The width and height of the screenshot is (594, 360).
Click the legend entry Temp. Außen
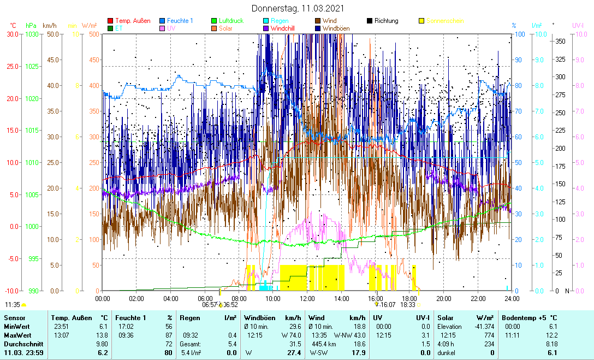[133, 21]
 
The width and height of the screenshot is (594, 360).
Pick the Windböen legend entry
[338, 28]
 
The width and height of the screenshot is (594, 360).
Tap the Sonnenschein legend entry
[445, 21]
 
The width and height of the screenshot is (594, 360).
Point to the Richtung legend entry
[386, 21]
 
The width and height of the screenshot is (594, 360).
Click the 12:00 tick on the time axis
[307, 298]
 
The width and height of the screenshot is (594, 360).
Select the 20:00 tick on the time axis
[444, 298]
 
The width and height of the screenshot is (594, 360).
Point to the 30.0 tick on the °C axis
[12, 34]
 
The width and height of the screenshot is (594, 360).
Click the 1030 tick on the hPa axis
[31, 34]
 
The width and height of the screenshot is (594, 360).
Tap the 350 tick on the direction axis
[560, 41]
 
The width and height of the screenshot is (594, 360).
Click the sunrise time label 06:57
[210, 305]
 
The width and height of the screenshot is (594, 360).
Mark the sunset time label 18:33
[408, 305]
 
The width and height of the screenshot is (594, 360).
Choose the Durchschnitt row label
[21, 344]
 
